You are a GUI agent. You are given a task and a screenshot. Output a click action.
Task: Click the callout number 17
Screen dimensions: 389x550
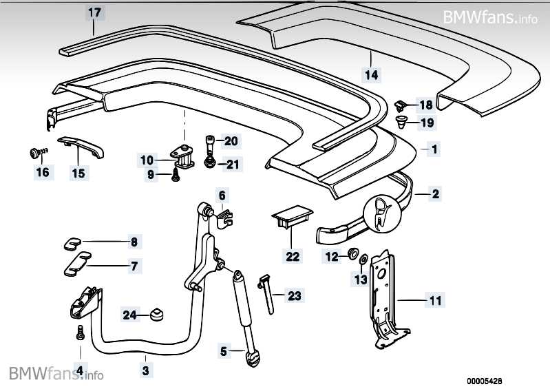94,12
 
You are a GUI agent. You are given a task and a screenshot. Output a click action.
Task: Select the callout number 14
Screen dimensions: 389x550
372,73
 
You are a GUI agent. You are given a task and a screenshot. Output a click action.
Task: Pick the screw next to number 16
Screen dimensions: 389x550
35,151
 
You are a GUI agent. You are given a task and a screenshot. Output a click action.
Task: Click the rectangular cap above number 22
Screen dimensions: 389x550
290,217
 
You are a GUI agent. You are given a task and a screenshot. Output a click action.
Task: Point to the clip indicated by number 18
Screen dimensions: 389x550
401,105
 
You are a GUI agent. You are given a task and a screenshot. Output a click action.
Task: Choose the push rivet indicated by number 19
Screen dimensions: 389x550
402,123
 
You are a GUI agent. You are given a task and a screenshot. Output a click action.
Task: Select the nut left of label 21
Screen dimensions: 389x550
208,162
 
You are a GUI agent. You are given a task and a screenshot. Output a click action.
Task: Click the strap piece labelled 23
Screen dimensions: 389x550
268,292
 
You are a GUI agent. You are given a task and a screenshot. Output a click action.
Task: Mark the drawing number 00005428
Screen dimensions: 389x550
505,379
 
